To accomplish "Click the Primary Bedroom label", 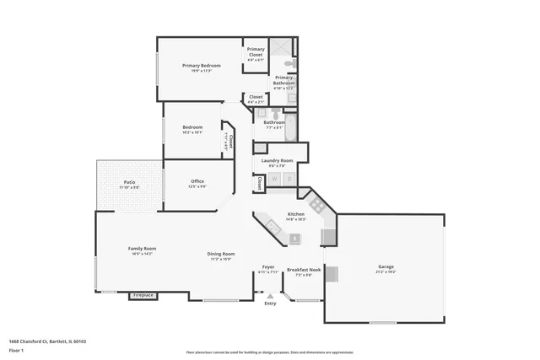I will tap(202, 65).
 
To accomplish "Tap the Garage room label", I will tap(386, 267).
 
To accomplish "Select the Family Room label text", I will tap(142, 248).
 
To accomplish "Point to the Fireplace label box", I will tap(143, 295).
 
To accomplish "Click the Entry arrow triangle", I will tap(270, 296).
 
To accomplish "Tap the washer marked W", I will tap(274, 179).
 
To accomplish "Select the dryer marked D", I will tap(289, 179).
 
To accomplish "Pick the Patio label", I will tap(129, 181).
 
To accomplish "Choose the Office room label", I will tap(197, 180).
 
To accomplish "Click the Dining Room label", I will tap(221, 254).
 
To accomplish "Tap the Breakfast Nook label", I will tap(304, 270).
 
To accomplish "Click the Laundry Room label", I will tap(277, 160).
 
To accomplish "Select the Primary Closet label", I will tap(256, 51).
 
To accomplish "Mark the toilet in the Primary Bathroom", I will tap(288, 63).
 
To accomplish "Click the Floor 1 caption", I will tap(17, 349).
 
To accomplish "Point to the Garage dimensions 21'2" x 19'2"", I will tap(386, 272).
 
